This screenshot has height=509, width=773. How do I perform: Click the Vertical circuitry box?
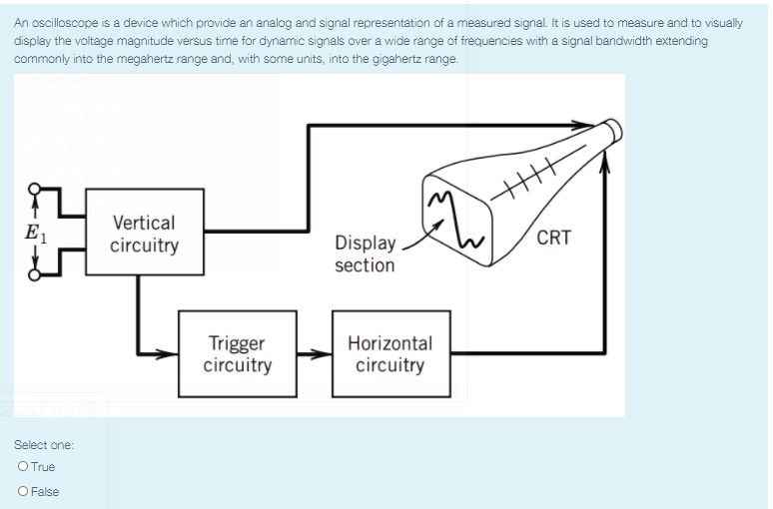coord(145,233)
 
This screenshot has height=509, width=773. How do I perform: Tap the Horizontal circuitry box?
coord(389,353)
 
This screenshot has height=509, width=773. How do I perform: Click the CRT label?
coord(553,238)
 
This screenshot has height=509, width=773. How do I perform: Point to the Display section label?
coord(365,254)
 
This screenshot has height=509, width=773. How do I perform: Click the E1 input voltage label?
coord(34,235)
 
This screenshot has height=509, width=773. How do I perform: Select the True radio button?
coord(22,467)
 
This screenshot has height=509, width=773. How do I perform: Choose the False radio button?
coord(22,491)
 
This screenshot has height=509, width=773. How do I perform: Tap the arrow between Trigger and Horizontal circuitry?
coord(315,353)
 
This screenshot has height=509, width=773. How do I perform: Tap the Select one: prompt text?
coord(44,444)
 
